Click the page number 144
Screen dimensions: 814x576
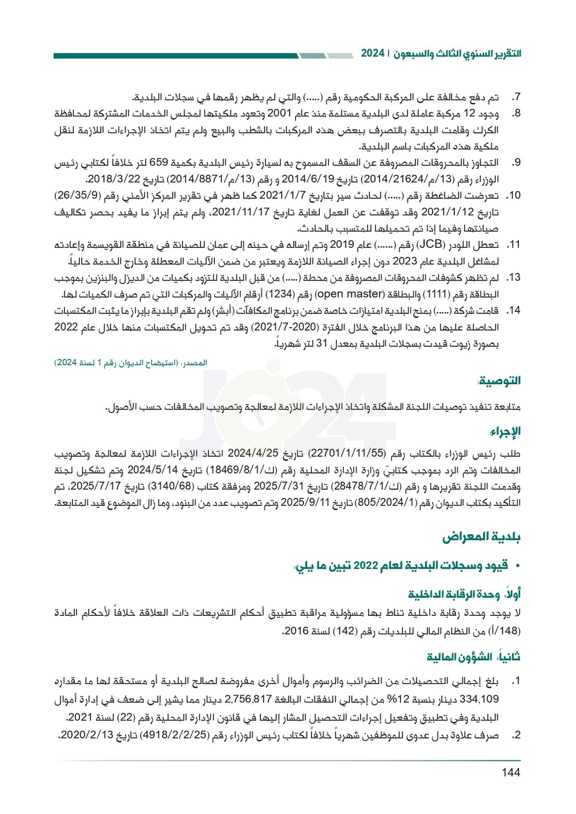click(x=510, y=772)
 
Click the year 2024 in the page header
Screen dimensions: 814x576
click(x=373, y=53)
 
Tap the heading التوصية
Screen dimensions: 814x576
click(x=499, y=380)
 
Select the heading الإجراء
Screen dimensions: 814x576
click(x=505, y=431)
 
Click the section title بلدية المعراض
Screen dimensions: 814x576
click(x=481, y=537)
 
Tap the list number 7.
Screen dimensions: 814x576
click(x=516, y=97)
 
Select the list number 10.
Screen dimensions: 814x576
click(x=514, y=195)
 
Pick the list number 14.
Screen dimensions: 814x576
click(x=514, y=311)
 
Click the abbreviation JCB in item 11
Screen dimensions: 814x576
click(x=427, y=245)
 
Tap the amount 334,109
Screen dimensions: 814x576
click(x=480, y=699)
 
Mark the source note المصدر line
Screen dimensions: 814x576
click(x=131, y=362)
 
